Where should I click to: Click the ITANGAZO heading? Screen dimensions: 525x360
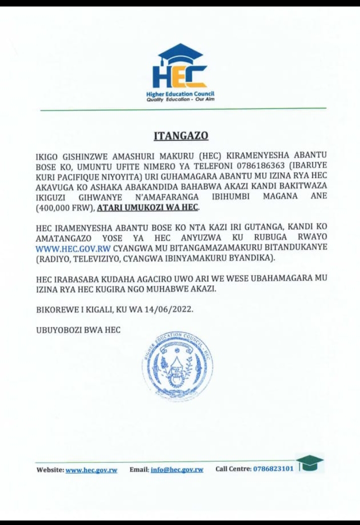(x=180, y=136)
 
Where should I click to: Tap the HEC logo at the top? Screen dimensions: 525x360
(x=180, y=68)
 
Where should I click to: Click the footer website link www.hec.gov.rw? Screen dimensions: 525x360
(x=91, y=470)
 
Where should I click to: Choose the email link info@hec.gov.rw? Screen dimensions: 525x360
(x=177, y=470)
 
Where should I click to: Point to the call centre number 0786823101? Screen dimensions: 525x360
(x=273, y=469)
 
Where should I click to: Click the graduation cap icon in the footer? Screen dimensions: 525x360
(x=310, y=463)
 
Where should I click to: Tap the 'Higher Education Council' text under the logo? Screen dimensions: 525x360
(x=180, y=94)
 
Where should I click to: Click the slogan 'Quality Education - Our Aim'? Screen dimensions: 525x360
(x=180, y=99)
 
